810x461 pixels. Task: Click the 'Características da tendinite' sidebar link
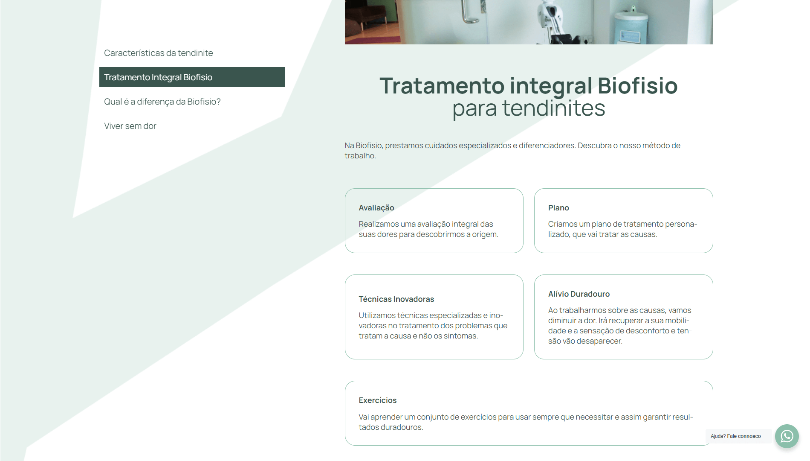coord(159,53)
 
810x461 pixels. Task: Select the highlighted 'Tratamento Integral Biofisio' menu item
coord(192,77)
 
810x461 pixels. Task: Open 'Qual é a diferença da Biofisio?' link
coord(162,102)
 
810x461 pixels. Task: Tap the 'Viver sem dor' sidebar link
coord(130,126)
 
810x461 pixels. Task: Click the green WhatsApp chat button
coord(787,436)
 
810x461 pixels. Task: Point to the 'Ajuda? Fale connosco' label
coord(736,436)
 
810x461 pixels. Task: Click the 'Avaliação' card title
coord(376,208)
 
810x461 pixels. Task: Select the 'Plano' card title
coord(558,208)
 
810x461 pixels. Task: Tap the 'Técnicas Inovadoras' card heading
coord(396,299)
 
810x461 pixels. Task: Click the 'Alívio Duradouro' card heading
coord(579,294)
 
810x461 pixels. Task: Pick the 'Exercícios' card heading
coord(378,400)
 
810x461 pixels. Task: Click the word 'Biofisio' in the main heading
coord(637,86)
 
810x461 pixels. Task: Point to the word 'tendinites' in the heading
coord(553,108)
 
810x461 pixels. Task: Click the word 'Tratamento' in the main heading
coord(442,86)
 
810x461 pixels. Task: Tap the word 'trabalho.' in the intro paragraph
coord(360,156)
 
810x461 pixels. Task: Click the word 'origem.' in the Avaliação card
coord(485,234)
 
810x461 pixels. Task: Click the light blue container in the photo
coord(631,26)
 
